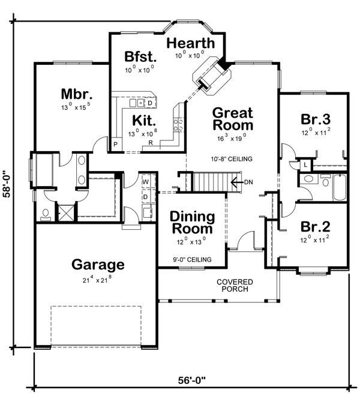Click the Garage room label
[98, 264]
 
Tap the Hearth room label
[190, 43]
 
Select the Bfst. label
[140, 57]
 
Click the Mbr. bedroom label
[76, 94]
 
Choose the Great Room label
[233, 119]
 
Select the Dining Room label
[191, 222]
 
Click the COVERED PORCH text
[235, 286]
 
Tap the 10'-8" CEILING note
[232, 159]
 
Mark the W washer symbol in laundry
[145, 181]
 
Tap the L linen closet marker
[305, 164]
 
